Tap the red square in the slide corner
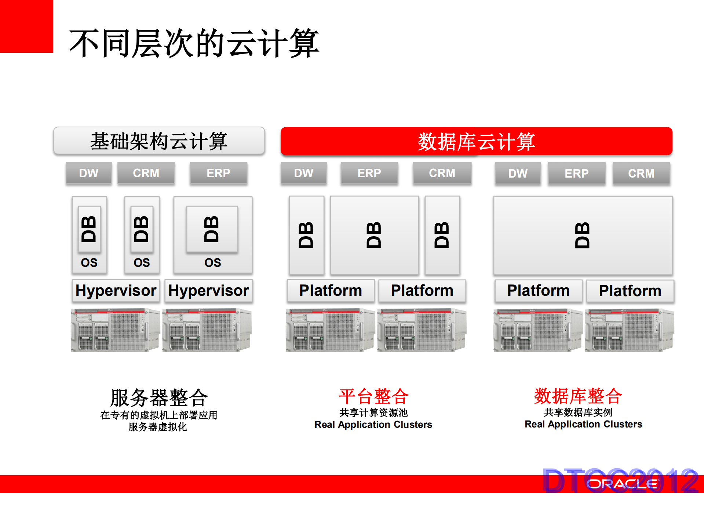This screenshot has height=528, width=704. pos(26,26)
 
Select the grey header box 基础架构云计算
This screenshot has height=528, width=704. pos(159,141)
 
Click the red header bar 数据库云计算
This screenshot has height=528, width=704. pos(476,141)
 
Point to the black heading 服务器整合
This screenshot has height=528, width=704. pos(159,397)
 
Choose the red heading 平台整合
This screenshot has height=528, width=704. pos(373,396)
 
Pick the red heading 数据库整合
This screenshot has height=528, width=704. pos(578,396)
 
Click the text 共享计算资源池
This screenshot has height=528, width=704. pos(373,413)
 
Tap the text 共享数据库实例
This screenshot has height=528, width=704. pos(578,412)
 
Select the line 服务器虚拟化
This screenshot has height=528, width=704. pos(158,427)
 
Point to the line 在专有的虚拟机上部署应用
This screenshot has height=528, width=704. pos(159,415)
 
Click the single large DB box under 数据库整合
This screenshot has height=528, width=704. pos(583,235)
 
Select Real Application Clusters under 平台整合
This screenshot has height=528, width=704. pos(373,425)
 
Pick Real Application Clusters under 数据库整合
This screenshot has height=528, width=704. pos(583,424)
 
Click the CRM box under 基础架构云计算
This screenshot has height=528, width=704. pos(146,173)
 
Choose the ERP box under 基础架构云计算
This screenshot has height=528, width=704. pos(218,173)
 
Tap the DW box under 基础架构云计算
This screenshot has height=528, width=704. pos(89,173)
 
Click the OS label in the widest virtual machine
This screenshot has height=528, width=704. pos(213,262)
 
